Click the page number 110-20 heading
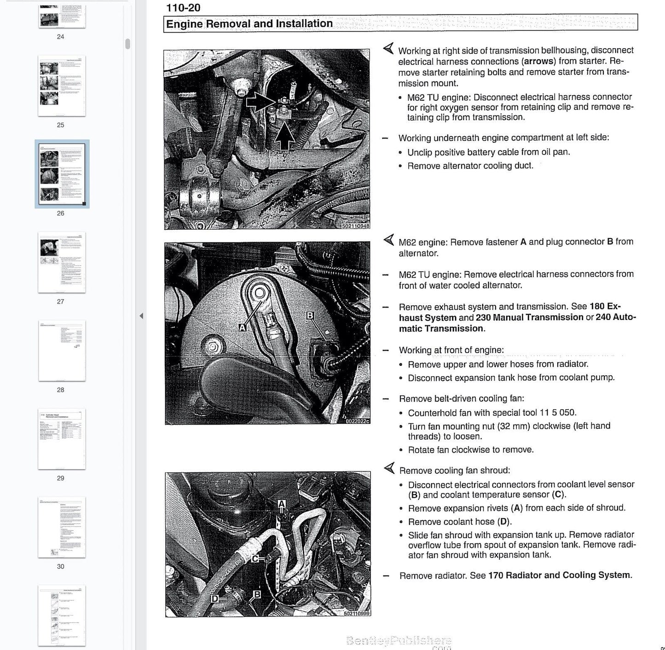[x=183, y=7]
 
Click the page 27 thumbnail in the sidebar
[x=62, y=262]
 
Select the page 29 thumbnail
[x=62, y=439]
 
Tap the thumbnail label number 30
[x=61, y=567]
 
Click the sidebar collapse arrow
[x=141, y=316]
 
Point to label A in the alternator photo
[x=243, y=327]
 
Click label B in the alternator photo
[x=310, y=315]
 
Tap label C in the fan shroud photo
[x=255, y=558]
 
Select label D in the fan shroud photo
[x=214, y=598]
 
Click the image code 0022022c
[x=357, y=421]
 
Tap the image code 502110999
[x=357, y=613]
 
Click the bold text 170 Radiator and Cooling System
[x=559, y=575]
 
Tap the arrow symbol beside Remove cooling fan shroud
[x=389, y=469]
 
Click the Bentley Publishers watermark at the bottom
[x=399, y=640]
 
